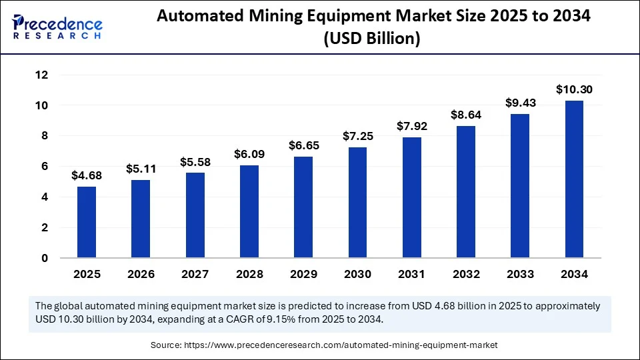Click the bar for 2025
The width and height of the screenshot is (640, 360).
click(86, 222)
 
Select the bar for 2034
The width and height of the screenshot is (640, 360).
click(574, 179)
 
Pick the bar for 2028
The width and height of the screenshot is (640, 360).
click(249, 211)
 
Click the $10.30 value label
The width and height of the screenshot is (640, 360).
click(574, 89)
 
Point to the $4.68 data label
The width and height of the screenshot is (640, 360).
click(86, 175)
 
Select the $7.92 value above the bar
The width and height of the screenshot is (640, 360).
click(411, 126)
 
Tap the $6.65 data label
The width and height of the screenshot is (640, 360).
click(303, 145)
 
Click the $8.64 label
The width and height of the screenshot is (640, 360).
click(465, 115)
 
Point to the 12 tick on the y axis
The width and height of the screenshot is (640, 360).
click(41, 75)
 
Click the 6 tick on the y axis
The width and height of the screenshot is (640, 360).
click(45, 167)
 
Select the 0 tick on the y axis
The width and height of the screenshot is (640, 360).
click(45, 258)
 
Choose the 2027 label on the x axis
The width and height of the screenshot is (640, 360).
click(195, 274)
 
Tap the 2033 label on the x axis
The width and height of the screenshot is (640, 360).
click(520, 274)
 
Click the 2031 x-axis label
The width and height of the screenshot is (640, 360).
click(411, 274)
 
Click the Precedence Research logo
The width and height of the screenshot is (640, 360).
click(57, 27)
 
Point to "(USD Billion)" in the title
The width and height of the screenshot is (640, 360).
click(372, 40)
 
